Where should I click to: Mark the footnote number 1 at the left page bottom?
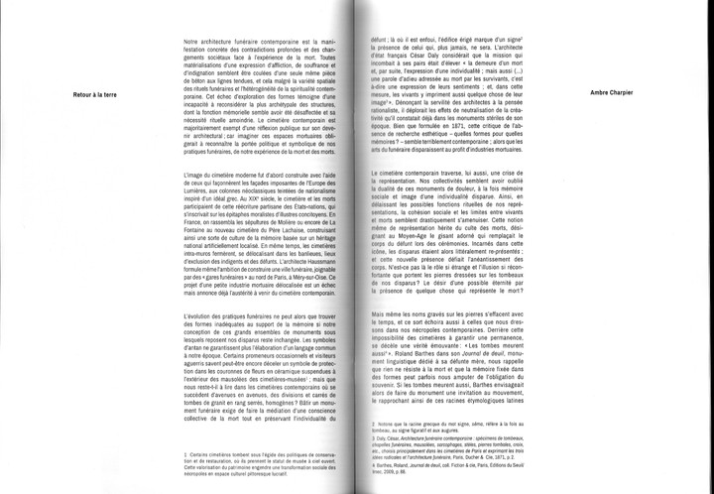pyautogui.click(x=185, y=451)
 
